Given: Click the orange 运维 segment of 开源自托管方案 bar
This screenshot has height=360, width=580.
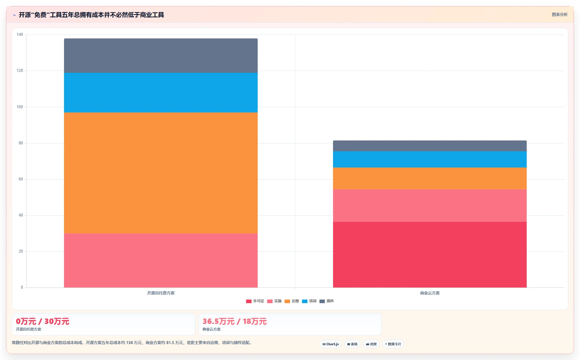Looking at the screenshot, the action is pyautogui.click(x=161, y=173).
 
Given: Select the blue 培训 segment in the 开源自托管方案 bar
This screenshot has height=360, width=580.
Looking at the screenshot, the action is pyautogui.click(x=161, y=93).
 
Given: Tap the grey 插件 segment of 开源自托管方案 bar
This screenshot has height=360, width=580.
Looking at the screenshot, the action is pyautogui.click(x=161, y=56).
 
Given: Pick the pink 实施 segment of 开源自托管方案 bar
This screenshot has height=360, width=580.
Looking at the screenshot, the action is pyautogui.click(x=161, y=260).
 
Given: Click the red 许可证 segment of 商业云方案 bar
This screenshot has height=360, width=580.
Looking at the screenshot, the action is pyautogui.click(x=430, y=255).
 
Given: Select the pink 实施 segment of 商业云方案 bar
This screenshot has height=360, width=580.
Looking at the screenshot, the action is pyautogui.click(x=430, y=206).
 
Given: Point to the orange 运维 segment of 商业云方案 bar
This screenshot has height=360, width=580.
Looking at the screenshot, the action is pyautogui.click(x=430, y=178).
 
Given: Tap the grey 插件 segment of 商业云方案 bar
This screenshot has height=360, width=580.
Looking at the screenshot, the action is pyautogui.click(x=430, y=146).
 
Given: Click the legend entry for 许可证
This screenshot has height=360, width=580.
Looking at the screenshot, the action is pyautogui.click(x=255, y=301).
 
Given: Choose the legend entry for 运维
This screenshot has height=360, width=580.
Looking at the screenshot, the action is pyautogui.click(x=292, y=301).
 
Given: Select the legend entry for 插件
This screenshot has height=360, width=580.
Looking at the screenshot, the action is pyautogui.click(x=327, y=301).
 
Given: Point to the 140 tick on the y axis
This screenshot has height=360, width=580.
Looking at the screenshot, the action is pyautogui.click(x=20, y=35).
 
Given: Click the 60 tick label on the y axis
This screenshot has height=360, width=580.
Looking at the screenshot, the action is pyautogui.click(x=21, y=179).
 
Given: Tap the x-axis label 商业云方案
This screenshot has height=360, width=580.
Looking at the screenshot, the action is pyautogui.click(x=430, y=293).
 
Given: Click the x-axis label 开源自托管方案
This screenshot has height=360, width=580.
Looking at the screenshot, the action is pyautogui.click(x=161, y=293).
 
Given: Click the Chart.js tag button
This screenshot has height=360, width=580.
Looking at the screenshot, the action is pyautogui.click(x=331, y=344).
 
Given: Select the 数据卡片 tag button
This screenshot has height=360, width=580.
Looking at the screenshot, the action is pyautogui.click(x=393, y=344).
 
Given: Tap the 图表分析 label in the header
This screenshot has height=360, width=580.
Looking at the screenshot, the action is pyautogui.click(x=560, y=14).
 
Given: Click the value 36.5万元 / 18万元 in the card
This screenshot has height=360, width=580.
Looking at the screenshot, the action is pyautogui.click(x=235, y=322).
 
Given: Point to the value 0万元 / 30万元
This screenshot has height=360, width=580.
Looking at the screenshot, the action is pyautogui.click(x=43, y=322).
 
